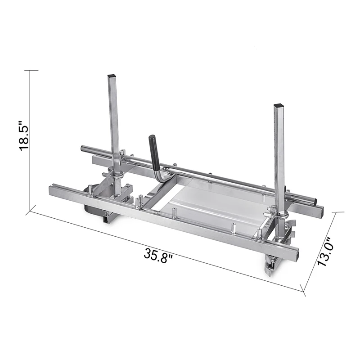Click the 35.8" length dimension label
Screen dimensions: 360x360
click(x=158, y=256)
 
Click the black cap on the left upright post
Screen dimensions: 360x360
click(x=112, y=75)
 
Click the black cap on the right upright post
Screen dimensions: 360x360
click(x=279, y=105)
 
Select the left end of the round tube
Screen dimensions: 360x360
click(x=82, y=148)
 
